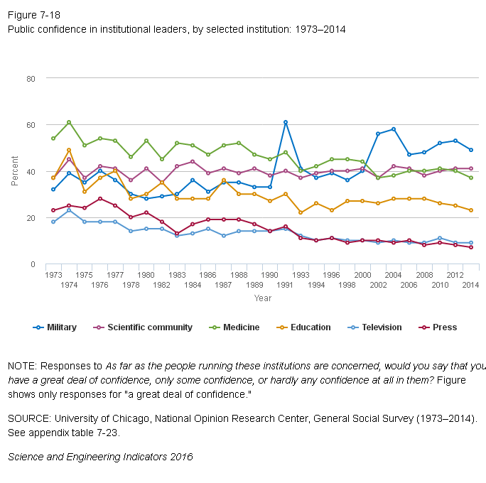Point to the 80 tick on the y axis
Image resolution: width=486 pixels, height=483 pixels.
tap(31, 78)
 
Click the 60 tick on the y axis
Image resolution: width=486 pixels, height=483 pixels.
tap(31, 125)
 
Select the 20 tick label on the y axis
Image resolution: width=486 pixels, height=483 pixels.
tap(31, 218)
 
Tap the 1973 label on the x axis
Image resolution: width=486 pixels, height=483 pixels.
tap(53, 274)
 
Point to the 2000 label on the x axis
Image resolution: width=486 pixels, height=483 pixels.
tap(362, 274)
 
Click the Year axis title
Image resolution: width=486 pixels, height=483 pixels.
tap(263, 298)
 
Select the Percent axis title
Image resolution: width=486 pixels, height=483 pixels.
tap(15, 171)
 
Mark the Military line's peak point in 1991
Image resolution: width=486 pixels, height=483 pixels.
tap(286, 122)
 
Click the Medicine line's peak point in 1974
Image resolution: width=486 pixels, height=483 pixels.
tap(69, 122)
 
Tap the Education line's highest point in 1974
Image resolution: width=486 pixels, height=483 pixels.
tap(69, 150)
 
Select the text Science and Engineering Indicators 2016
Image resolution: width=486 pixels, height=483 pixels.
tap(99, 456)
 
